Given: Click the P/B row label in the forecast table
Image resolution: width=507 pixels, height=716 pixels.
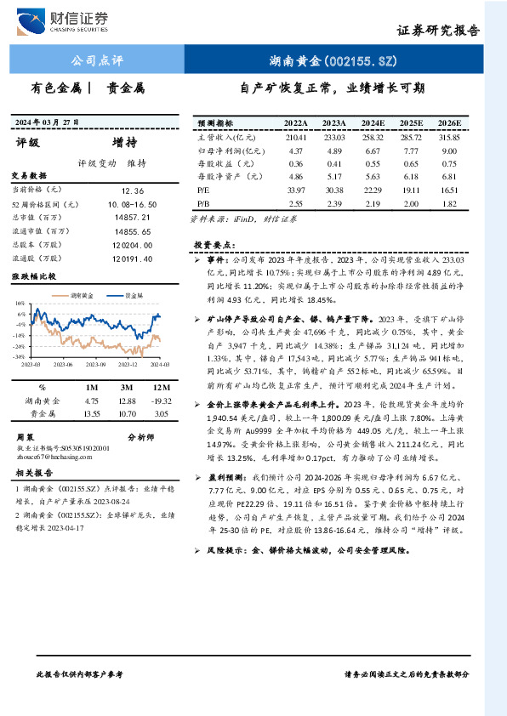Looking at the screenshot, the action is point(203,204).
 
